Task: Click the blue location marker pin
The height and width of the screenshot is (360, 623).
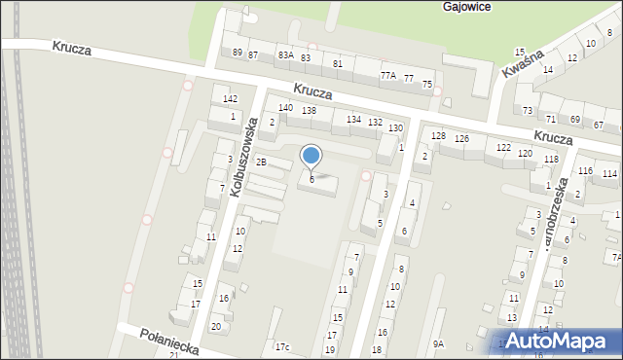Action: pos(311,157)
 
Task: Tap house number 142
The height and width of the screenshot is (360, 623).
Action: pos(230,99)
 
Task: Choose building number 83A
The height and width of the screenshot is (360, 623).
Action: pos(285,55)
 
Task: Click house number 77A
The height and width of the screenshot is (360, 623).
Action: pos(387,75)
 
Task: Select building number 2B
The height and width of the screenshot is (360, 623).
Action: pos(261,162)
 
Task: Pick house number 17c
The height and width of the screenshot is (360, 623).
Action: pos(282,347)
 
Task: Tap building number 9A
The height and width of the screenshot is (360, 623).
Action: pos(438,343)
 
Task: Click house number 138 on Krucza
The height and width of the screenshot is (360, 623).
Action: pos(309,111)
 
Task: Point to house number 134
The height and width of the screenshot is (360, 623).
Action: pos(353,119)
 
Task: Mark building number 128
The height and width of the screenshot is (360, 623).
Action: pos(439,135)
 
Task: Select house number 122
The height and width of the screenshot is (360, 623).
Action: pos(503,147)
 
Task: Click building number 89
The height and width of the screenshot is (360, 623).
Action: pos(237,52)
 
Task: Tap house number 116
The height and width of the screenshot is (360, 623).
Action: pos(585,170)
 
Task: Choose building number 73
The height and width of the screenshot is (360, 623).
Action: pos(528,111)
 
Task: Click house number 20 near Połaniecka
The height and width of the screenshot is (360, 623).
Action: pos(216,326)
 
